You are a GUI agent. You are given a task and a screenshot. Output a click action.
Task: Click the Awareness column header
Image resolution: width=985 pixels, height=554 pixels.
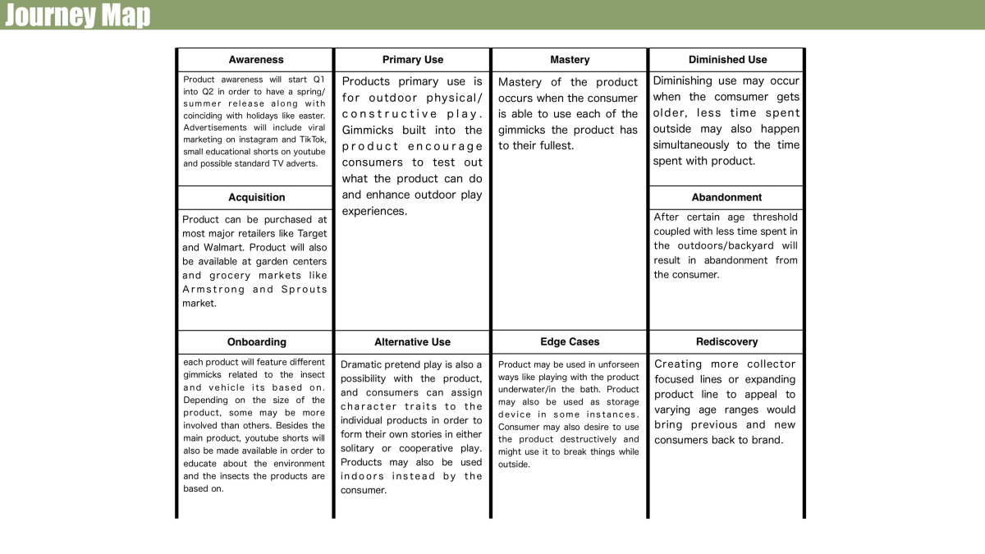[256, 60]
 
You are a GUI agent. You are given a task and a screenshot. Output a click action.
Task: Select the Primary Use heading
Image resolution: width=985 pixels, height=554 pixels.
[413, 60]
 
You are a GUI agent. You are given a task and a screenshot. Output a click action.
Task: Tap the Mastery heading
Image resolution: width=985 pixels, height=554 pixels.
[570, 60]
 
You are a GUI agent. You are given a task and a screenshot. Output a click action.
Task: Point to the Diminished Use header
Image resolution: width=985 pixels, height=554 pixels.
[727, 60]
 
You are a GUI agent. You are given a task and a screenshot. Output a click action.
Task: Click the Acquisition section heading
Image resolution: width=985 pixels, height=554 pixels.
[256, 198]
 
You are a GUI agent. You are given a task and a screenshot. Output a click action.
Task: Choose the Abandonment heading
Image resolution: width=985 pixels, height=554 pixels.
[726, 198]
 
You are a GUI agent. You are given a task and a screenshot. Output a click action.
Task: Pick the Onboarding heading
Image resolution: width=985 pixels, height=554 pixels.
[256, 342]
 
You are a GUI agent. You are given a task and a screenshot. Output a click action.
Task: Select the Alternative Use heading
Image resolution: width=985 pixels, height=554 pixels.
[412, 342]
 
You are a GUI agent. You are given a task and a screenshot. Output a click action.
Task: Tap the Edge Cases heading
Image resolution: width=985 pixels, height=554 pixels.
[570, 341]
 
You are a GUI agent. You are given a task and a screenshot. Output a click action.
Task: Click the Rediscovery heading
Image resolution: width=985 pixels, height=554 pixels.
[726, 342]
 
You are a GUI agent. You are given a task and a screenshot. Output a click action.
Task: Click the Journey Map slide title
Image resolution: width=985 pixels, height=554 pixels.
[77, 15]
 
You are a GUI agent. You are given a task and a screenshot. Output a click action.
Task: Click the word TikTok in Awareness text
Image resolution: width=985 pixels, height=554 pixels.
[309, 140]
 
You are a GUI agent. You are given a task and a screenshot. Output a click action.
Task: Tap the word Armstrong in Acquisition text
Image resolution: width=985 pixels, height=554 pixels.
[213, 290]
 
